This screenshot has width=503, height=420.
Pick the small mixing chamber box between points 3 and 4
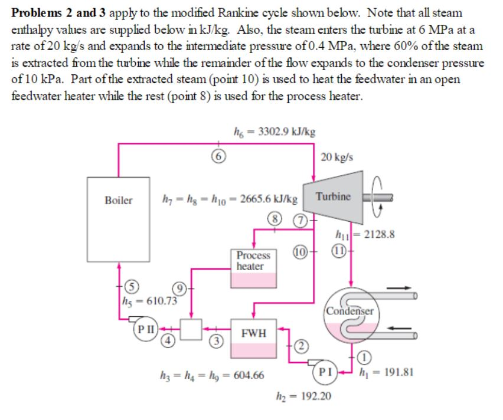192,329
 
